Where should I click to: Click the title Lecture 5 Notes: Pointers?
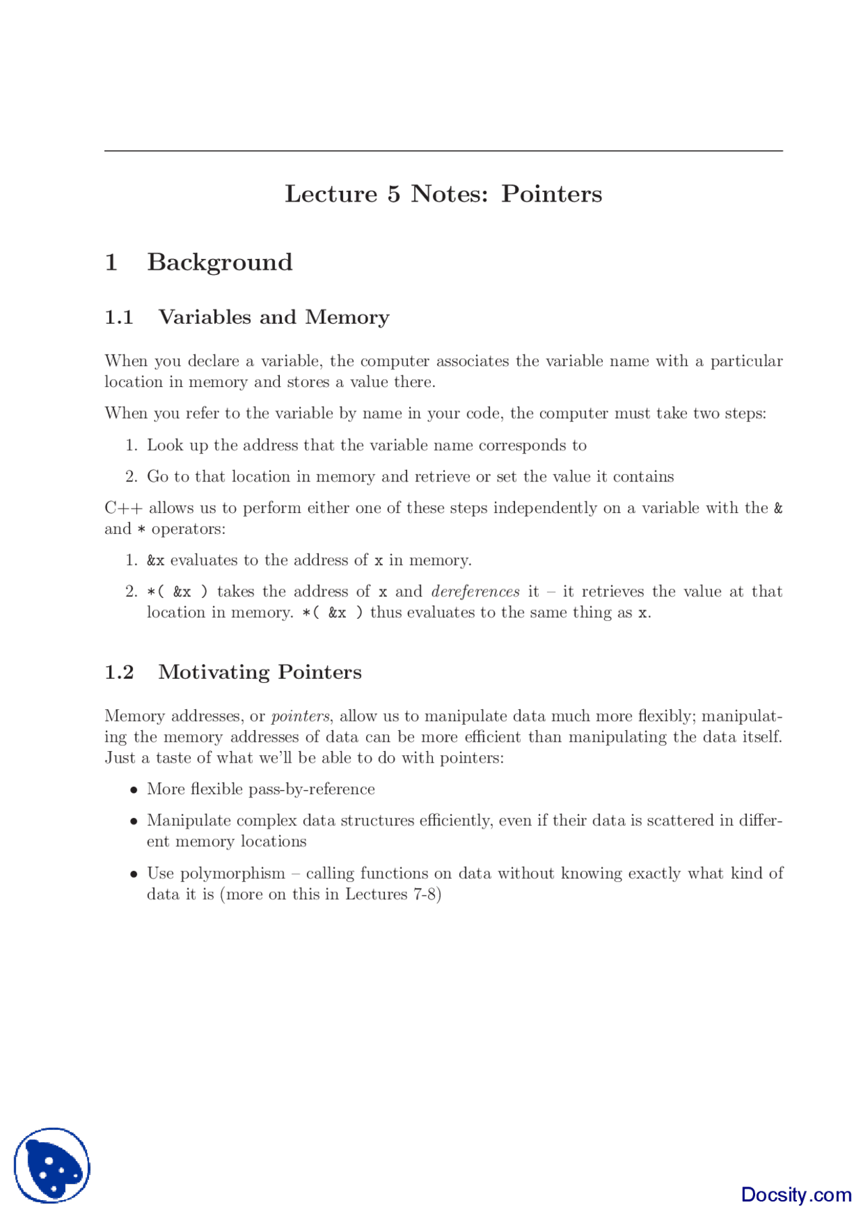[x=443, y=194]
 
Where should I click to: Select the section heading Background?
[x=220, y=262]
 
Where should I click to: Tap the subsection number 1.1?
[x=119, y=318]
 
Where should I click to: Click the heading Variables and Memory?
[x=274, y=318]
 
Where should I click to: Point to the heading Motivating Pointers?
[x=260, y=672]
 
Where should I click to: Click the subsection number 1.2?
[x=119, y=672]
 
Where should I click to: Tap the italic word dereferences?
[x=475, y=592]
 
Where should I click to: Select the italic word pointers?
[x=300, y=716]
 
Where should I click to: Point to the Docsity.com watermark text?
[x=796, y=1195]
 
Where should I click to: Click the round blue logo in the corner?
[x=52, y=1165]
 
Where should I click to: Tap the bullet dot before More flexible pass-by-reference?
[x=134, y=790]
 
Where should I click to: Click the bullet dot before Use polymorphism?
[x=134, y=874]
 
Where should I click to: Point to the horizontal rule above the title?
[x=443, y=151]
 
